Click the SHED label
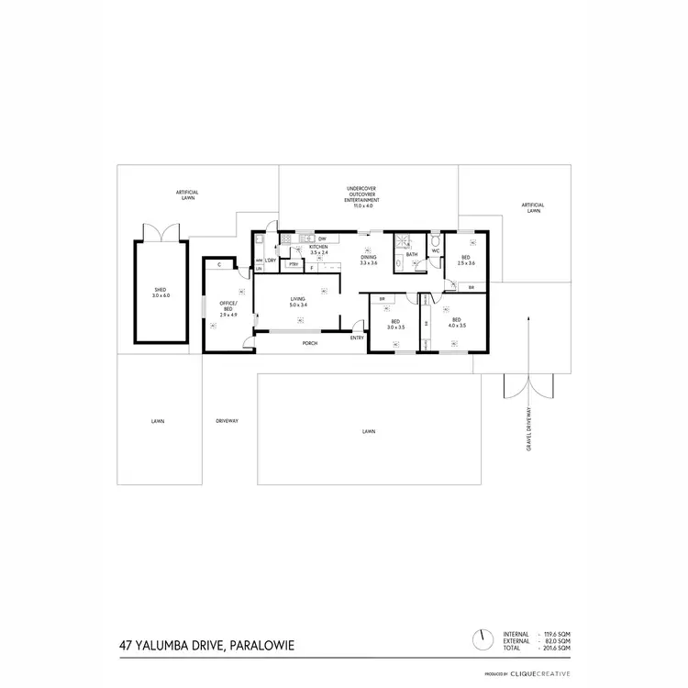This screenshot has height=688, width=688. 161,291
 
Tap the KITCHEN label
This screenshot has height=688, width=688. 318,247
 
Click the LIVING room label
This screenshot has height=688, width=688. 298,299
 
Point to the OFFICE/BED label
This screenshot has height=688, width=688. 227,306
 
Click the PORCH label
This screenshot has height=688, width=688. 311,343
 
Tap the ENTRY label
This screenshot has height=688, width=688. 357,338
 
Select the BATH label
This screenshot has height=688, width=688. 412,254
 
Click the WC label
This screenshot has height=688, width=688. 436,250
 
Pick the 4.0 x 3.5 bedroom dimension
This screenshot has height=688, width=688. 457,326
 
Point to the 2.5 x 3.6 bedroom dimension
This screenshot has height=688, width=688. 466,263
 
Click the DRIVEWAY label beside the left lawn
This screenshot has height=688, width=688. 227,421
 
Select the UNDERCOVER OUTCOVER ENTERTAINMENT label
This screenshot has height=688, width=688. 356,197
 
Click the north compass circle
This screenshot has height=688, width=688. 479,638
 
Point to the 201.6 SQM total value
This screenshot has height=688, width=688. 558,648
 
